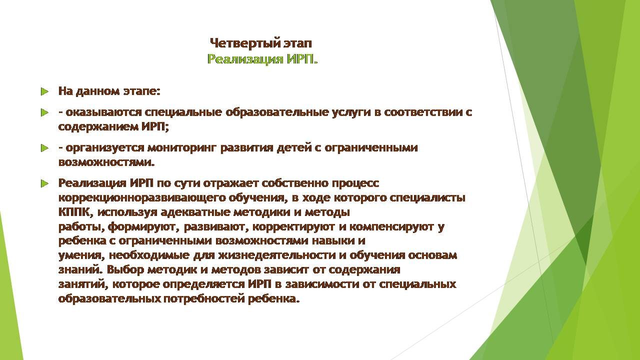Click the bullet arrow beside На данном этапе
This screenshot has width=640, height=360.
[x=44, y=91]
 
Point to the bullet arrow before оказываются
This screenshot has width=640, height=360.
[x=44, y=112]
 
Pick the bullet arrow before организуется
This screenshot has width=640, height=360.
[x=44, y=148]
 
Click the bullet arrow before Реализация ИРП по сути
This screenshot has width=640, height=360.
[x=44, y=183]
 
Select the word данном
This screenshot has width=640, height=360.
[x=97, y=91]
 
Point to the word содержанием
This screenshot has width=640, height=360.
[x=98, y=126]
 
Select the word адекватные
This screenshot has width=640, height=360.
[x=195, y=212]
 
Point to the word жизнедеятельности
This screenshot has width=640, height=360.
[x=277, y=255]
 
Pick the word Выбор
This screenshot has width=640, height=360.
[x=125, y=269]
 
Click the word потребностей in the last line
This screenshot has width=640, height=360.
[x=203, y=298]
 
